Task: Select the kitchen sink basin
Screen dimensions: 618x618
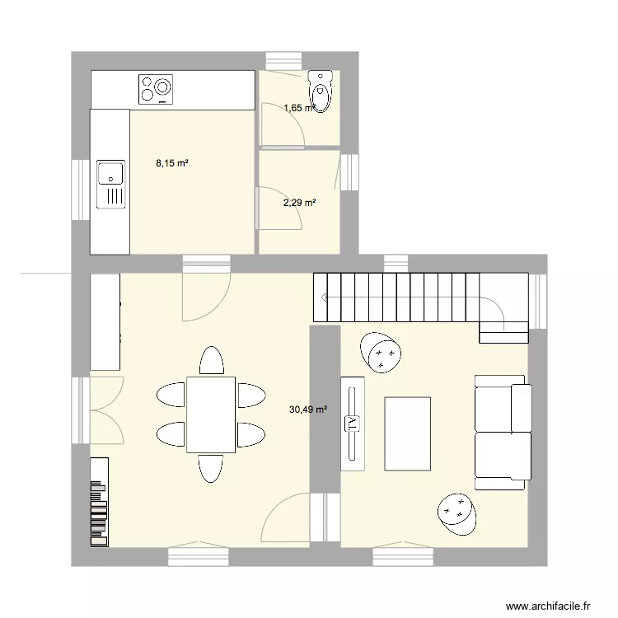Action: pos(110,173)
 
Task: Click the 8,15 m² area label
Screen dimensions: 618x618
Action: pos(172,163)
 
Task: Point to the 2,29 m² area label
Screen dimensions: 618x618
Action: pos(300,202)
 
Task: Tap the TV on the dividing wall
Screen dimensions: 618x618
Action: pos(353,424)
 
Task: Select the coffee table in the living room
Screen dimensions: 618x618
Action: pos(407,433)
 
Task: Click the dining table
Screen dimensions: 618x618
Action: pos(211,414)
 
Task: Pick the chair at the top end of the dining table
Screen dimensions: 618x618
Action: pos(211,361)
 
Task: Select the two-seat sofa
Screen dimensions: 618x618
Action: pos(502,432)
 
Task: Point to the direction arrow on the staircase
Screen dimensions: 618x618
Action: pos(326,297)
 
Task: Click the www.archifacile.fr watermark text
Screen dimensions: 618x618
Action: pos(549,606)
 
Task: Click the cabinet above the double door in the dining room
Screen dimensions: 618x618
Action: pos(105,322)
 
